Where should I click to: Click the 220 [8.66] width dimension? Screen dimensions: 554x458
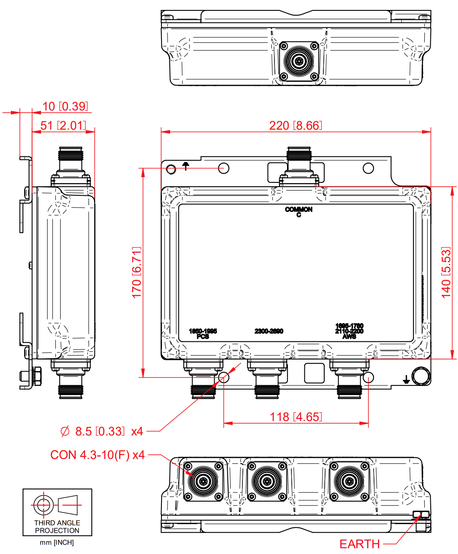(296, 126)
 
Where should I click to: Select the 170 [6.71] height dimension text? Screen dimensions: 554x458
(137, 272)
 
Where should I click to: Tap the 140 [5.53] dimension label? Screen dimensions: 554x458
(446, 272)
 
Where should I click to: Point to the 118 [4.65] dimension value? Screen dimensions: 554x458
(296, 417)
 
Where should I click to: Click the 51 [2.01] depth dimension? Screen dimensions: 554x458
(63, 126)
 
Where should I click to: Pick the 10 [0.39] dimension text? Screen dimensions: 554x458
(65, 107)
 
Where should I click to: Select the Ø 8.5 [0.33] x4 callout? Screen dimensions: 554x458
(102, 431)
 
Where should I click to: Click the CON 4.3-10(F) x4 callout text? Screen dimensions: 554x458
(97, 455)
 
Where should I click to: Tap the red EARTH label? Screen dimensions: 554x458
(359, 544)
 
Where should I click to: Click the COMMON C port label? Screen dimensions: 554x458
(299, 212)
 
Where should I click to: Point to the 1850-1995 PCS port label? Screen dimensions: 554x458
(203, 334)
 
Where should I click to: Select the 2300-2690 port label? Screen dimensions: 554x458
(269, 331)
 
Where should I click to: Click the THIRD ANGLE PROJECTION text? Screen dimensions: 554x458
(57, 527)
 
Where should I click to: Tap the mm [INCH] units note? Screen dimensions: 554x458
(57, 543)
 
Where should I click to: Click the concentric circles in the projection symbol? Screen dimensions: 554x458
(43, 505)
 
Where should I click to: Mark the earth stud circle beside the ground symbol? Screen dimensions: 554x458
(420, 376)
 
